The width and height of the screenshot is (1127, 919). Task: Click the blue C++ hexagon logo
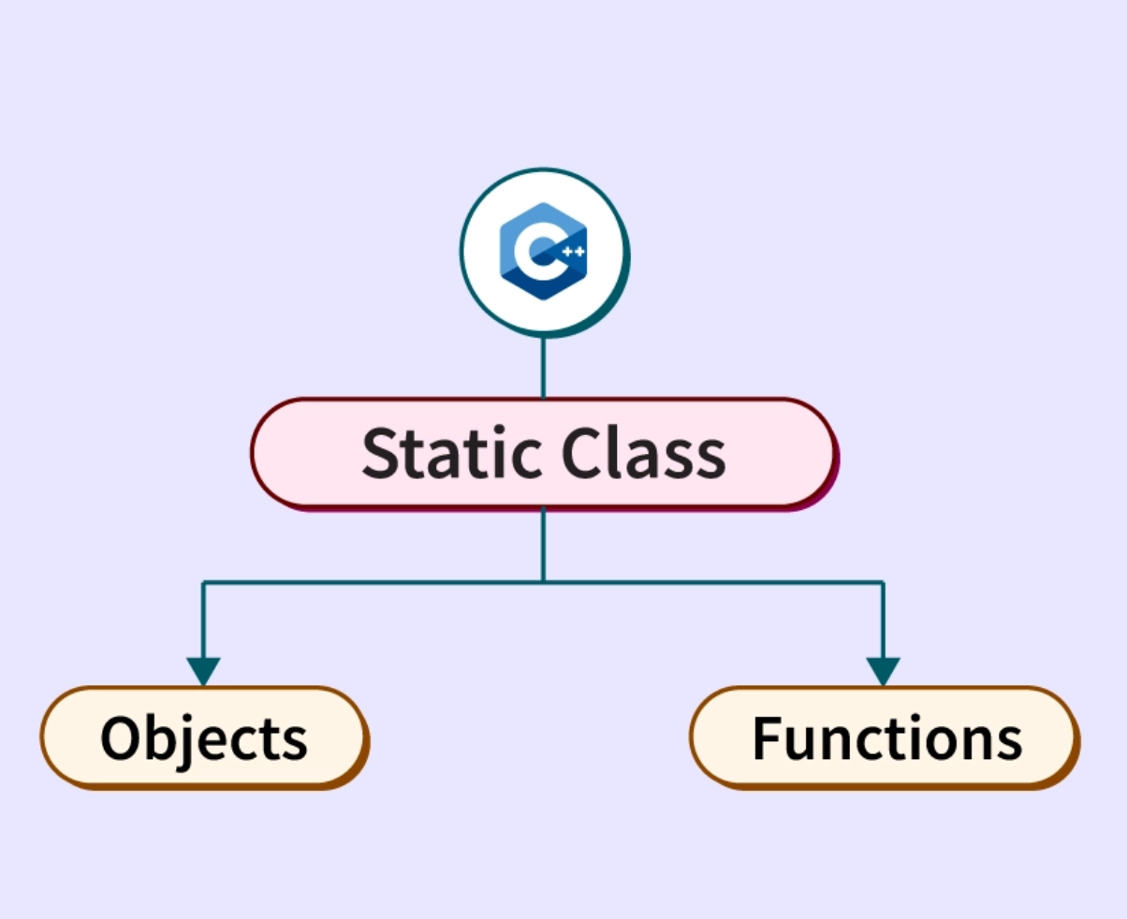544,251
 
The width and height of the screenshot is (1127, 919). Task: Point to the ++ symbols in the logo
573,252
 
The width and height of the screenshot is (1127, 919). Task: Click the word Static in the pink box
450,454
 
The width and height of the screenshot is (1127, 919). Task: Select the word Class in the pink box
644,454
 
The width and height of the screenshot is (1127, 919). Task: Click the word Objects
204,738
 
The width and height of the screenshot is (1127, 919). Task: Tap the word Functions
886,738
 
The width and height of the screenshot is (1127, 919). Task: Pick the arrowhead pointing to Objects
203,670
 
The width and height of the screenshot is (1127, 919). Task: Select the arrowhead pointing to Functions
883,670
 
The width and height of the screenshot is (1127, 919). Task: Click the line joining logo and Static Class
543,367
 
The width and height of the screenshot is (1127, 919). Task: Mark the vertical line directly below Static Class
543,545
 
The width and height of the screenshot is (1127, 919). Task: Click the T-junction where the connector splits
543,582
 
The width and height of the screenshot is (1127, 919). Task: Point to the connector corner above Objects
203,582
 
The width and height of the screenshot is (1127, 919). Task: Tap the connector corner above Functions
883,582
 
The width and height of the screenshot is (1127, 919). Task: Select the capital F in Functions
768,738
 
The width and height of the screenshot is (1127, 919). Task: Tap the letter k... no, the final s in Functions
1009,741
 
